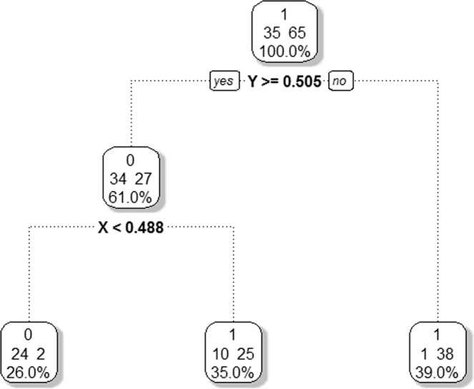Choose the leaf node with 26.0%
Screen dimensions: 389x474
coord(29,351)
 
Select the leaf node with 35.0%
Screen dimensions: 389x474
coord(234,351)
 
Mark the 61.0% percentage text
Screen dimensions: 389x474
coord(132,197)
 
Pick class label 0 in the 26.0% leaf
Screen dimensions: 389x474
coord(29,334)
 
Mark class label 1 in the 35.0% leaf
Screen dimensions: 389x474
coord(234,334)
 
